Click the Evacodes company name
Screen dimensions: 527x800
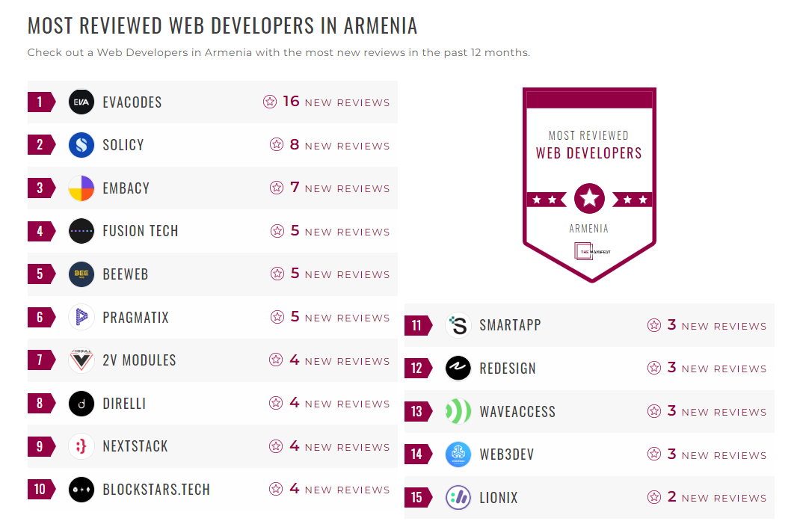[132, 102]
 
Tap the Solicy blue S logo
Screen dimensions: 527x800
[81, 145]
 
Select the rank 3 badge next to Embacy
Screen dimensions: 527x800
[40, 188]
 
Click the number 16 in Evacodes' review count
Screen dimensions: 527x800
[291, 102]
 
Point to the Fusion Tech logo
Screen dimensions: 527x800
[81, 231]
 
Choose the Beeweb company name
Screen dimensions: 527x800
[126, 274]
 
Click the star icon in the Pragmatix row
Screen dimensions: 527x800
[277, 318]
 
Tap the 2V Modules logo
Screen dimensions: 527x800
[81, 360]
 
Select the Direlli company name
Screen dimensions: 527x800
[124, 404]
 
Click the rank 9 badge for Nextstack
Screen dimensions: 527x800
[40, 447]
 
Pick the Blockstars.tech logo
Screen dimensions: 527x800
[81, 490]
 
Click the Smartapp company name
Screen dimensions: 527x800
[510, 326]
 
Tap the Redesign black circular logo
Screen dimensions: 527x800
[458, 369]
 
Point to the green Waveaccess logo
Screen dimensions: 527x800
[458, 412]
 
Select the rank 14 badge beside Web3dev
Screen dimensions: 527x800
[417, 454]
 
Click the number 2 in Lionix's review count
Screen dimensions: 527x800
[671, 497]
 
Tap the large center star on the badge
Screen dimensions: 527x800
[589, 199]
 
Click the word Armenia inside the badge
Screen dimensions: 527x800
[589, 229]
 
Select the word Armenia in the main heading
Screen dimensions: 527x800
[380, 25]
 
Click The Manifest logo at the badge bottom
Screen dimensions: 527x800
[590, 252]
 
